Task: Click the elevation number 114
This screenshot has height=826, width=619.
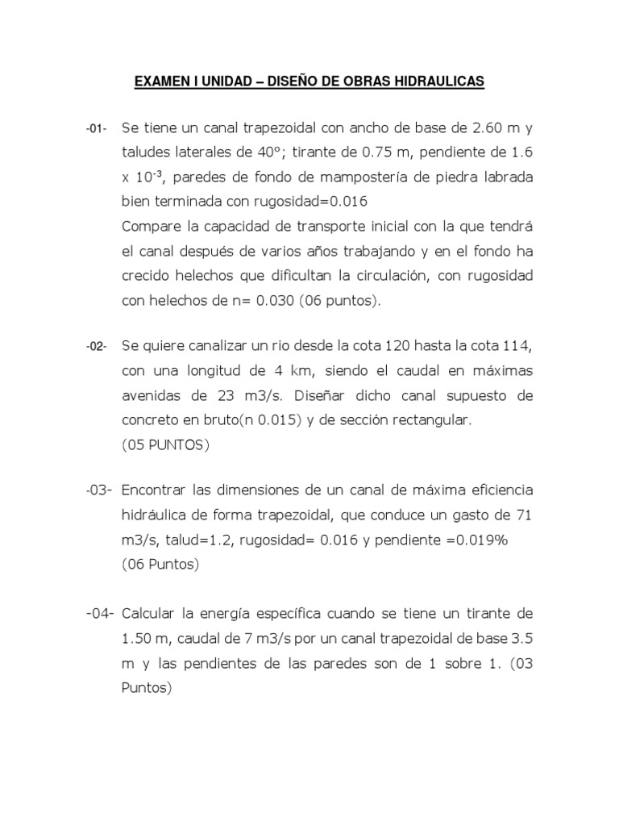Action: pos(515,346)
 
